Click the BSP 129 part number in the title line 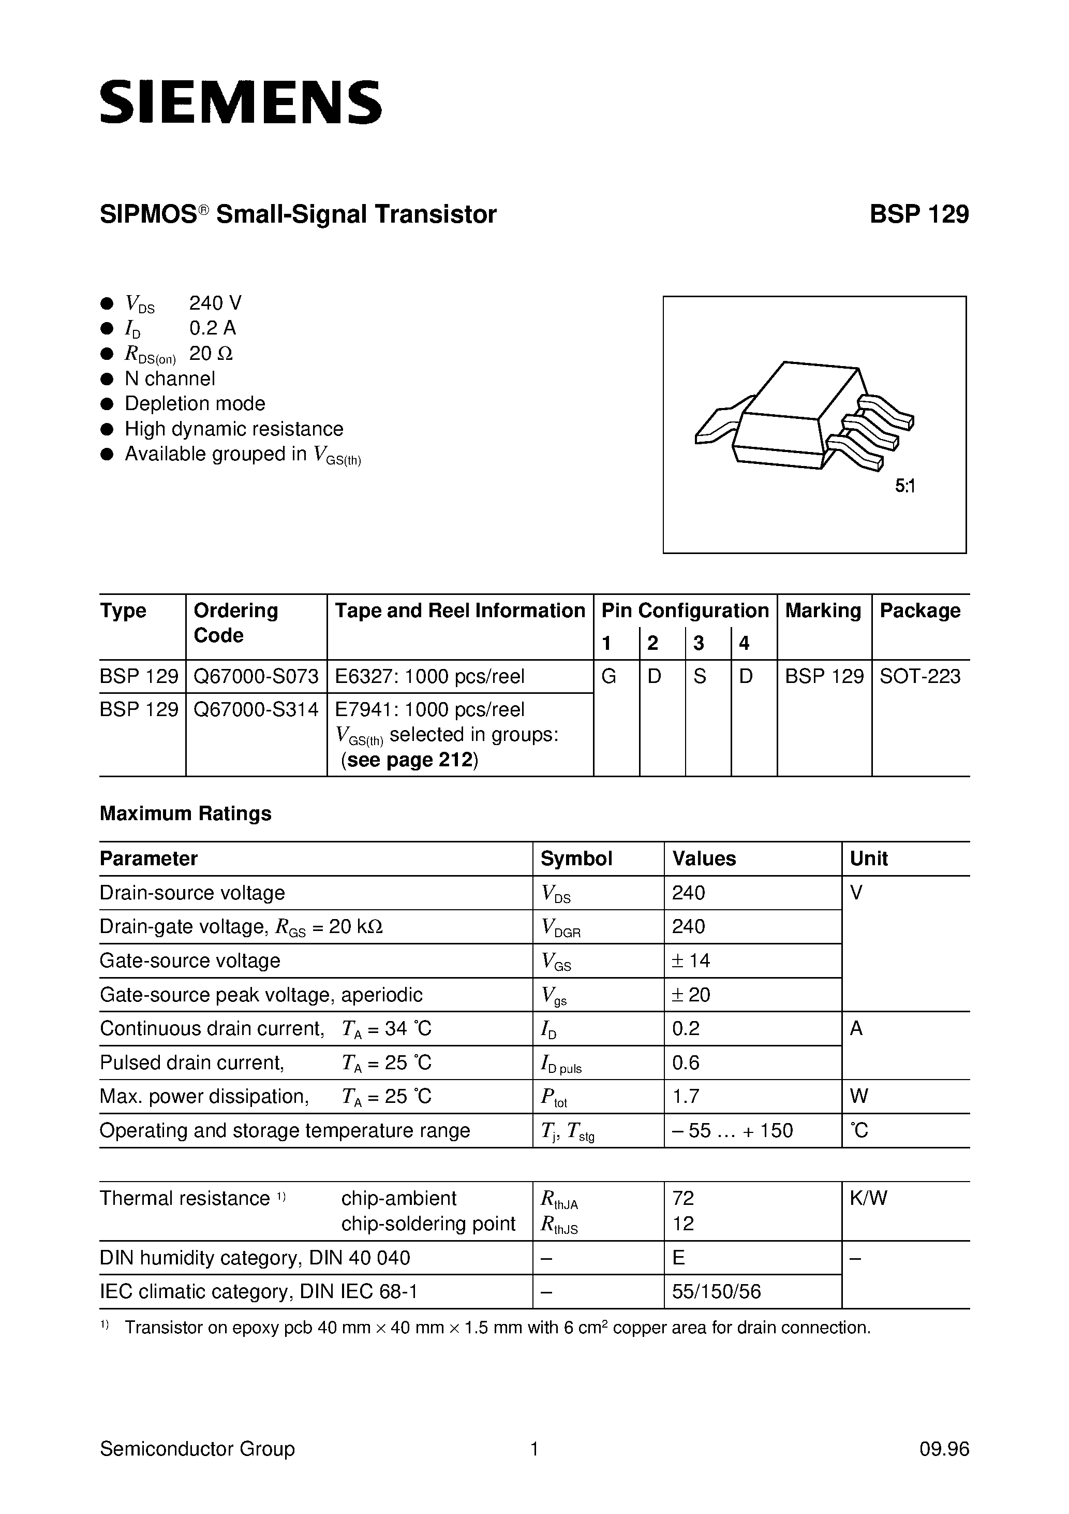click(919, 214)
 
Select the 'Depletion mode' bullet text click(195, 403)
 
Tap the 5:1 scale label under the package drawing click(905, 487)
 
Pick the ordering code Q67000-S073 click(256, 677)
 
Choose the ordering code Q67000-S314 click(256, 709)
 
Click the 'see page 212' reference click(409, 760)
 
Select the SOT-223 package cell click(920, 677)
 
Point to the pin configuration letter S click(700, 677)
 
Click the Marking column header click(823, 610)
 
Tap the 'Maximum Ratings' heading click(185, 814)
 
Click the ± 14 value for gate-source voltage click(691, 961)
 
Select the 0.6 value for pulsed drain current click(686, 1063)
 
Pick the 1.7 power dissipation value click(686, 1097)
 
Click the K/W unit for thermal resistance click(868, 1198)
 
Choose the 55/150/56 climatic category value click(717, 1291)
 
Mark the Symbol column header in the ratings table click(576, 858)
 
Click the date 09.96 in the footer click(944, 1449)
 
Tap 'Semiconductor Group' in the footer click(197, 1449)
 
